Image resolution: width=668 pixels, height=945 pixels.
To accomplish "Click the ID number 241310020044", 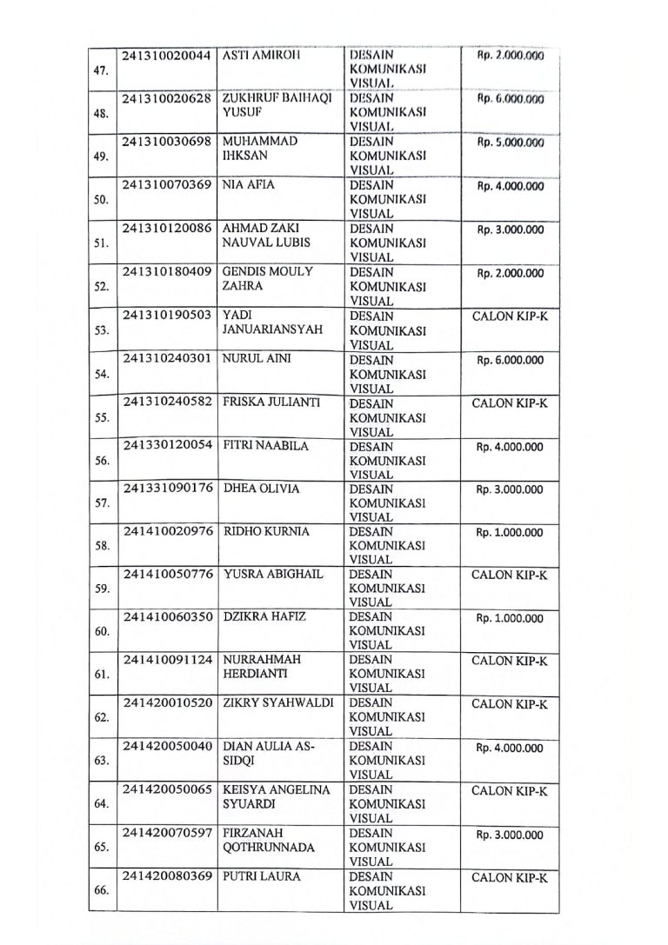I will pos(166,56).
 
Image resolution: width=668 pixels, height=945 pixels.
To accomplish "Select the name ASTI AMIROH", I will pos(262,56).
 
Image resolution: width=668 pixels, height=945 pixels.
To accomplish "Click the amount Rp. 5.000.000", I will pos(510,143).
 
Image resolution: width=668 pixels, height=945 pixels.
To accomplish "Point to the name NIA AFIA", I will pos(250,185).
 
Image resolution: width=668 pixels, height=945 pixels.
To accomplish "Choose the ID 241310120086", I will pos(166,229).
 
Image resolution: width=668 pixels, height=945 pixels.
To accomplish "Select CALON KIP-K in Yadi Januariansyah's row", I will pos(510,316).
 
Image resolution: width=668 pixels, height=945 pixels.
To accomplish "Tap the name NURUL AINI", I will pos(257,360).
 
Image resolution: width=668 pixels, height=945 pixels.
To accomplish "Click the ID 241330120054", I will pos(166,446).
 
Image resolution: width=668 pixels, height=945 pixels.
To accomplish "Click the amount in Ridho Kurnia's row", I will pos(510,533).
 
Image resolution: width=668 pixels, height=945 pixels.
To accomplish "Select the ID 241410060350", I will pos(166,617).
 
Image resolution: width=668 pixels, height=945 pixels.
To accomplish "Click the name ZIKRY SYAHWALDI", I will pos(278,703).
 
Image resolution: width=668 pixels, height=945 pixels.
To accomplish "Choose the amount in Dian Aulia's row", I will pos(510,748).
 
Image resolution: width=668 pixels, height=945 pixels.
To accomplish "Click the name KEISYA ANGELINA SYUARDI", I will pos(276,797).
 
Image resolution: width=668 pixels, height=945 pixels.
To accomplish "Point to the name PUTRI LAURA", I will pos(262,876).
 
